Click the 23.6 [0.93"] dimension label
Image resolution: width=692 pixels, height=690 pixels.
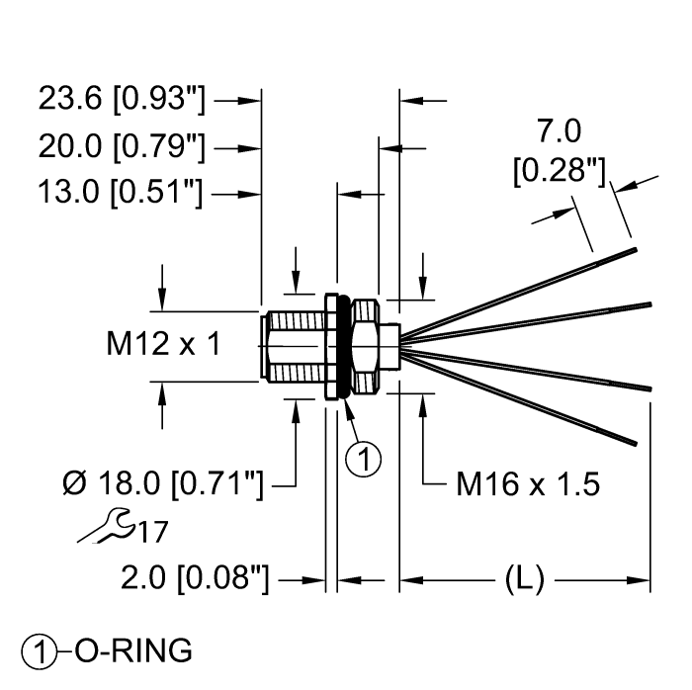[121, 100]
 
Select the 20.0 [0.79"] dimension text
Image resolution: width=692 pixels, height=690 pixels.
[121, 147]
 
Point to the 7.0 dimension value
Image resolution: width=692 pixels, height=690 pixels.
[559, 130]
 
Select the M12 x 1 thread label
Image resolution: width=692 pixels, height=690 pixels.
[163, 344]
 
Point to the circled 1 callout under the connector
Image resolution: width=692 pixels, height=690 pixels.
[365, 459]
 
